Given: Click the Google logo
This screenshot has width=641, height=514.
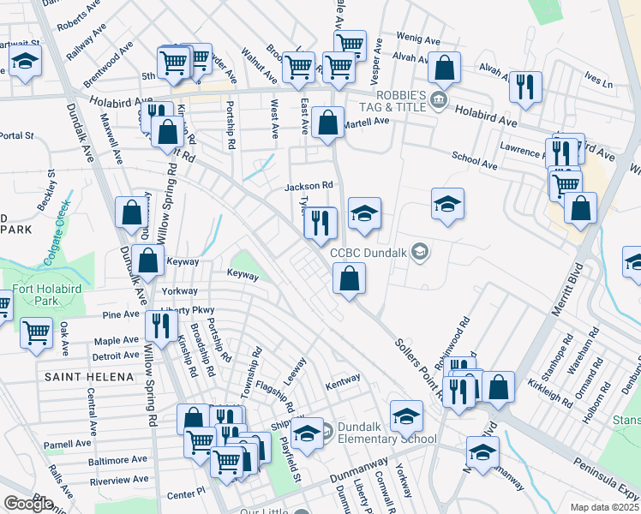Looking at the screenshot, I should (28, 503).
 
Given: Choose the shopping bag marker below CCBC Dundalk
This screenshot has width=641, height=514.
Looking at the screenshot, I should (349, 278).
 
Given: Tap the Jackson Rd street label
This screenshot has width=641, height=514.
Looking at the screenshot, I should (309, 185).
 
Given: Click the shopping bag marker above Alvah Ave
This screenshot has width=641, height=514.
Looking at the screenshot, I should (444, 66).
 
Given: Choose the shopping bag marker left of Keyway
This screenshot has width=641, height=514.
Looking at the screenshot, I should (147, 261).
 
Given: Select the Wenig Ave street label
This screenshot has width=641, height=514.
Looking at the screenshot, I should (418, 39).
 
